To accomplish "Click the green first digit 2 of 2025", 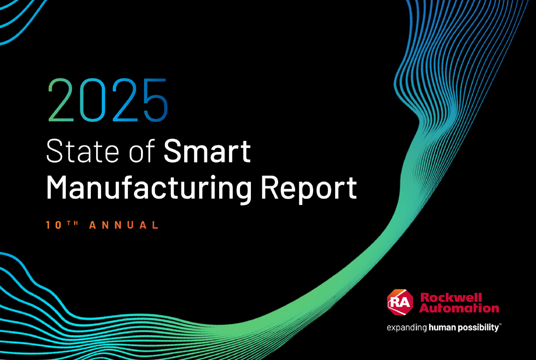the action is tap(61, 100).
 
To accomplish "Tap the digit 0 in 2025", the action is tap(93, 100).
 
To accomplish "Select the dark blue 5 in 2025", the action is tap(156, 100).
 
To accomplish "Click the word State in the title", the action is tap(83, 151).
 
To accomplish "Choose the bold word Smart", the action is tap(207, 151).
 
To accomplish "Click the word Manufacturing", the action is tap(148, 187).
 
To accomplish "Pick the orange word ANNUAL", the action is tap(124, 225).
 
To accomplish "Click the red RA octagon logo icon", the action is tap(400, 302).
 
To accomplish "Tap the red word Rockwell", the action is tap(451, 298).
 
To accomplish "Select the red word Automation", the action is tap(459, 308).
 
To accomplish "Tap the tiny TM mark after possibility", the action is tap(500, 325).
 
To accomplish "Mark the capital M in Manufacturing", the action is tap(57, 187).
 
